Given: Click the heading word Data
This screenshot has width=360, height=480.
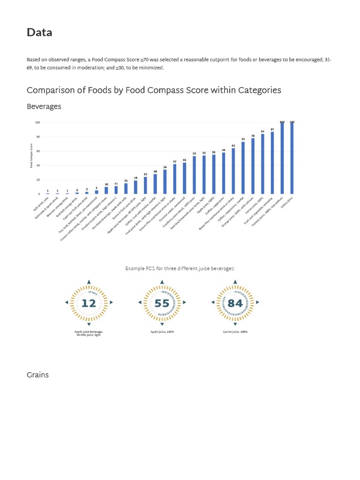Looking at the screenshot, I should [x=39, y=32].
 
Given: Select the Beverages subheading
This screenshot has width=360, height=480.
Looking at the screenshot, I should [x=44, y=106].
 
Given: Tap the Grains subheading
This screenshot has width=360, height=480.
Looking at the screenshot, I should [x=37, y=375].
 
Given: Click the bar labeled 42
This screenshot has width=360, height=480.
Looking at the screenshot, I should [x=175, y=179].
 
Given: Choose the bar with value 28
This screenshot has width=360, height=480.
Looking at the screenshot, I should [x=155, y=184].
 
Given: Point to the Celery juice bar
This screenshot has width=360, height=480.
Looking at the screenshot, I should [x=292, y=158].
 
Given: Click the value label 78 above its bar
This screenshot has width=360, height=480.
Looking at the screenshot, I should [x=253, y=135].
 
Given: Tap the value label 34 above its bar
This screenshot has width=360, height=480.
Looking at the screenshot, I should [x=165, y=167].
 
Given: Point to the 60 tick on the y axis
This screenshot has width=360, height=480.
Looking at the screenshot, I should [x=37, y=151].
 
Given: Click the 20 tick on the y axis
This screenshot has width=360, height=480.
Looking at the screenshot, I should [x=37, y=180].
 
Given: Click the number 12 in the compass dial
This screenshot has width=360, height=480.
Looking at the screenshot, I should [x=89, y=303].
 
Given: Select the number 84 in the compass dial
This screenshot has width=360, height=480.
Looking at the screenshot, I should [x=235, y=303].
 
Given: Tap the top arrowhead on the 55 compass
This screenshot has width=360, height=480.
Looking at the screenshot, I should [x=162, y=282].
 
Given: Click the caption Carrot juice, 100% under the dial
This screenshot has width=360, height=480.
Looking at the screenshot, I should [x=235, y=331].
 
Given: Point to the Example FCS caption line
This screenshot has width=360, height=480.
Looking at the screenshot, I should [x=180, y=269].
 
